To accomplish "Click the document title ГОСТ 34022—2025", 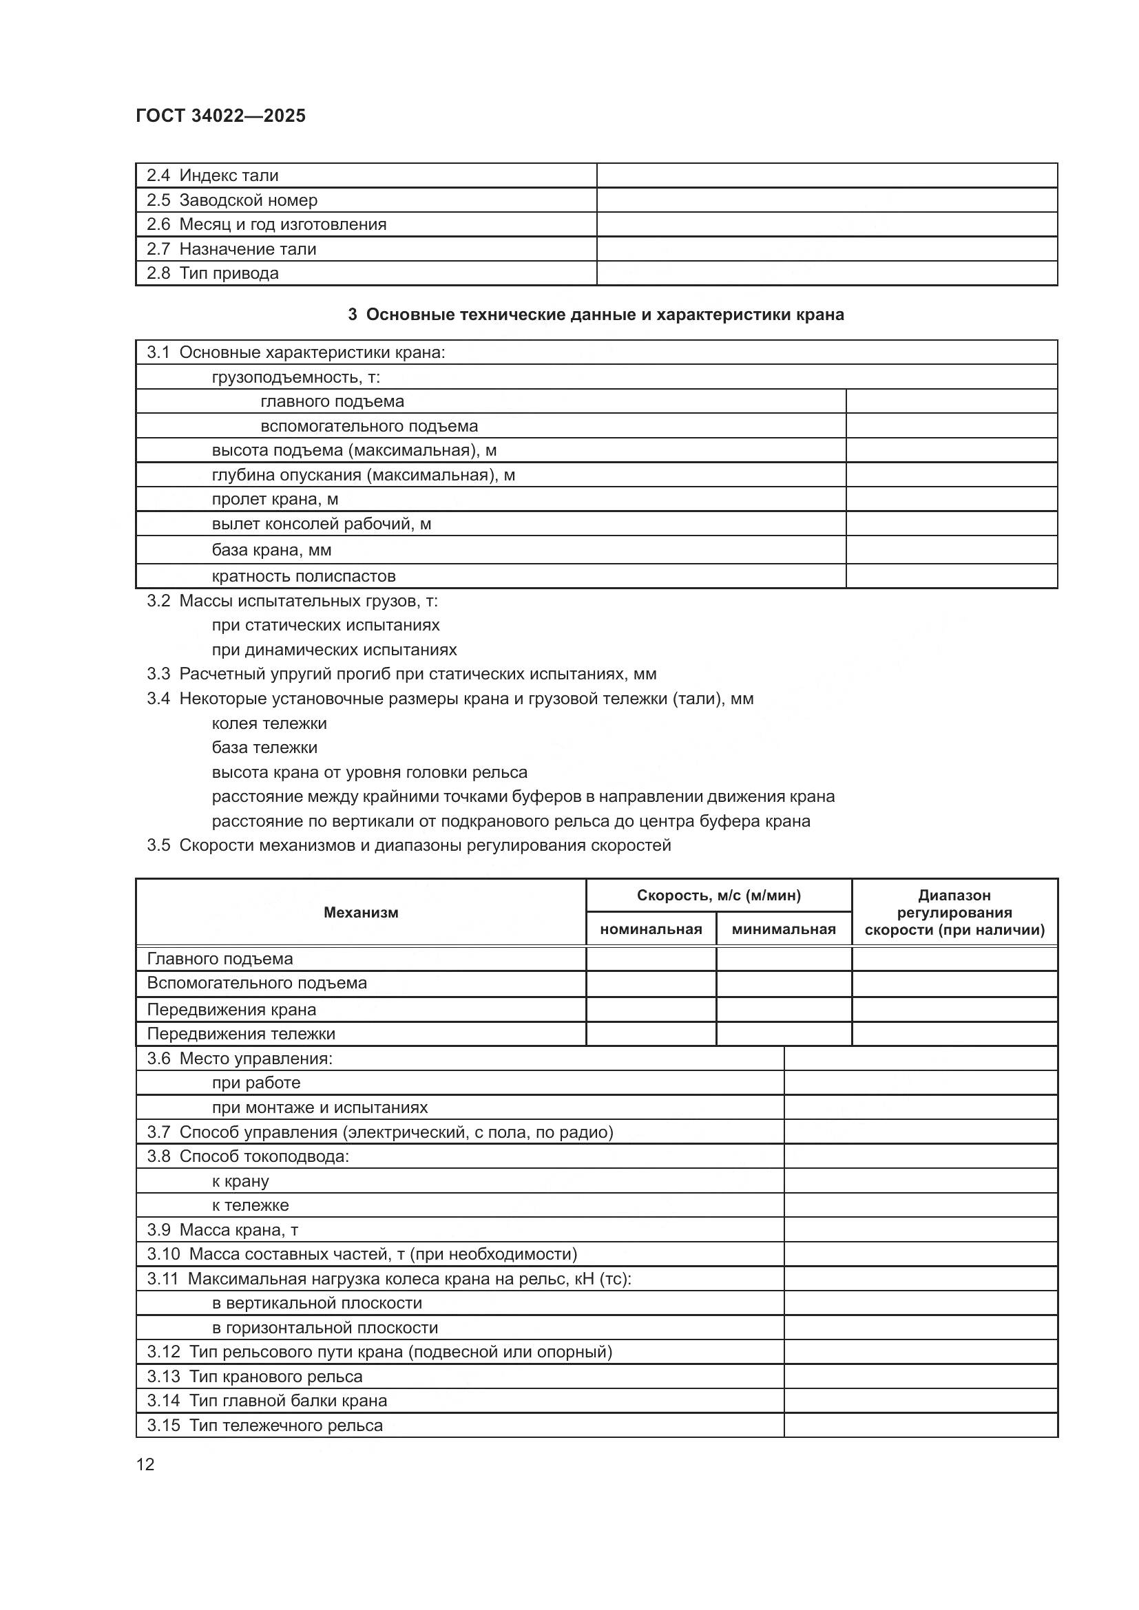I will click(220, 116).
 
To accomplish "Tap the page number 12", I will click(145, 1464).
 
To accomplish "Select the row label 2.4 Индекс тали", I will click(212, 176).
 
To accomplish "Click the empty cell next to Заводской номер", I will click(826, 200).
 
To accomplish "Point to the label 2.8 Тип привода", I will click(212, 273).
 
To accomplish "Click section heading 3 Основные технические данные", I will click(596, 315).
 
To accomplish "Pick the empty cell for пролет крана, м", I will click(951, 499).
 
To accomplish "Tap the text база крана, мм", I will click(271, 550).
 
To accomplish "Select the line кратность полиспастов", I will click(304, 576).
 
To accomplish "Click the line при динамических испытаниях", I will click(334, 650).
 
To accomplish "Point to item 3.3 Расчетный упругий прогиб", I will click(401, 675).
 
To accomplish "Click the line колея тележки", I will click(269, 723).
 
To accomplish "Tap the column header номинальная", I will click(650, 930).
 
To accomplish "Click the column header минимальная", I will click(784, 930).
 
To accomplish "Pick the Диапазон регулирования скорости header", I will click(954, 912).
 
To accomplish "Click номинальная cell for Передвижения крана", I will click(650, 1010).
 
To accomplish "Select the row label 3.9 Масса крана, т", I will click(222, 1230).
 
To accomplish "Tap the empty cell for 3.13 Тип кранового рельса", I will click(920, 1377).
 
